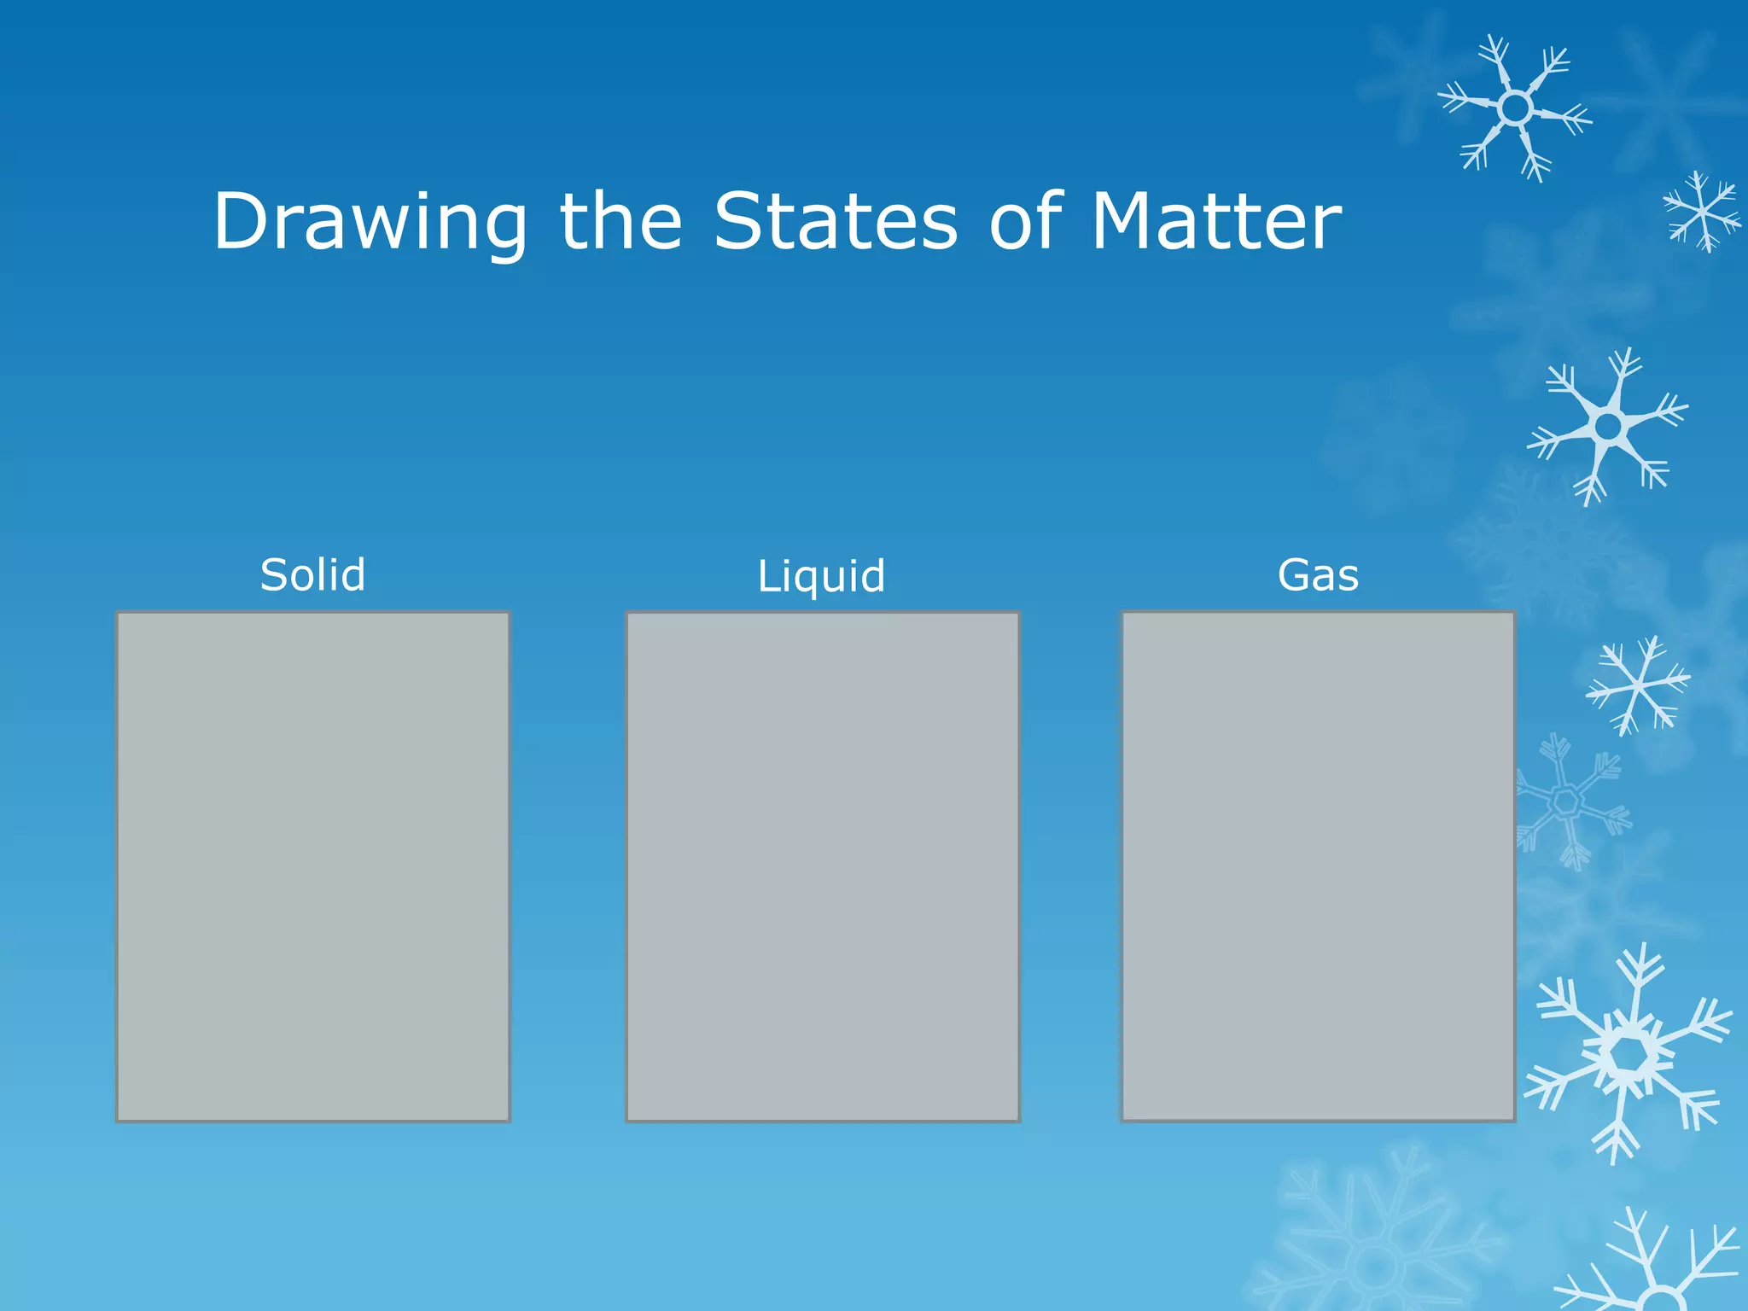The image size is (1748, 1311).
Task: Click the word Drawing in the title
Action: point(370,222)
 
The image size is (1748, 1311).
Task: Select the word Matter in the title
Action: point(1216,222)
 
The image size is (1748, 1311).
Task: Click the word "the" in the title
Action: point(621,222)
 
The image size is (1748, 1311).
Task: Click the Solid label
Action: point(313,574)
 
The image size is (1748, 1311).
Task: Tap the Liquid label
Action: point(821,576)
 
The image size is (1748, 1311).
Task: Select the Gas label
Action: point(1318,574)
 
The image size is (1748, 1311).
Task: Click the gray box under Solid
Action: point(313,866)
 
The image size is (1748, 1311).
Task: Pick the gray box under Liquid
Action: point(823,866)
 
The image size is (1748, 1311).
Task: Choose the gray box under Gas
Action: point(1318,866)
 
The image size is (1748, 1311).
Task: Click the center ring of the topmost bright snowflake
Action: point(1515,108)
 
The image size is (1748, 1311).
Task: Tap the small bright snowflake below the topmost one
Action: point(1702,212)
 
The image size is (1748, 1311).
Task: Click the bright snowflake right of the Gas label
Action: point(1608,426)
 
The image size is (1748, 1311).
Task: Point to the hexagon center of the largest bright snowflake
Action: point(1629,1057)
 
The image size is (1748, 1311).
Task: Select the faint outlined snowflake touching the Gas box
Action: point(1566,801)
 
